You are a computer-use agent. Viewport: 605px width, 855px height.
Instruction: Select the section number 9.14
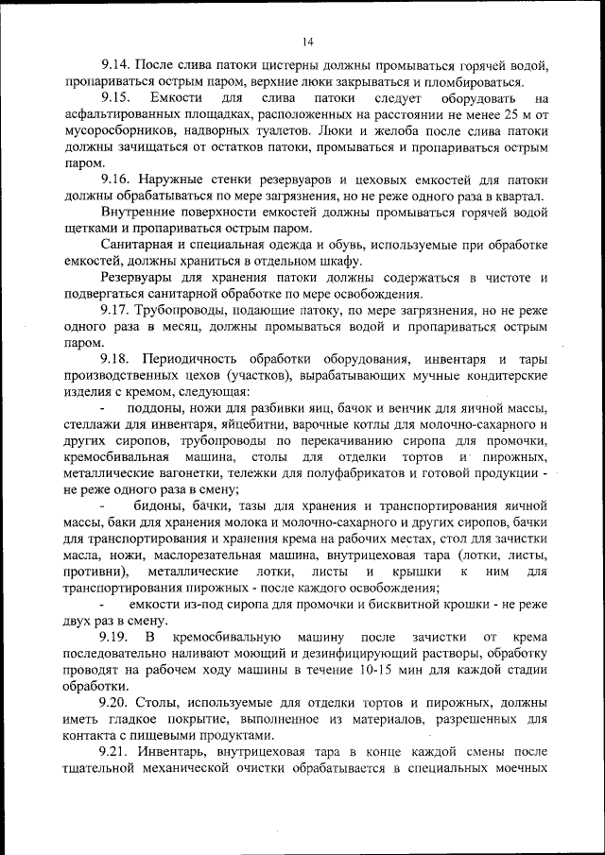click(116, 66)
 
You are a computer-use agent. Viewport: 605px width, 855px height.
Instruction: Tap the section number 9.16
click(116, 180)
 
